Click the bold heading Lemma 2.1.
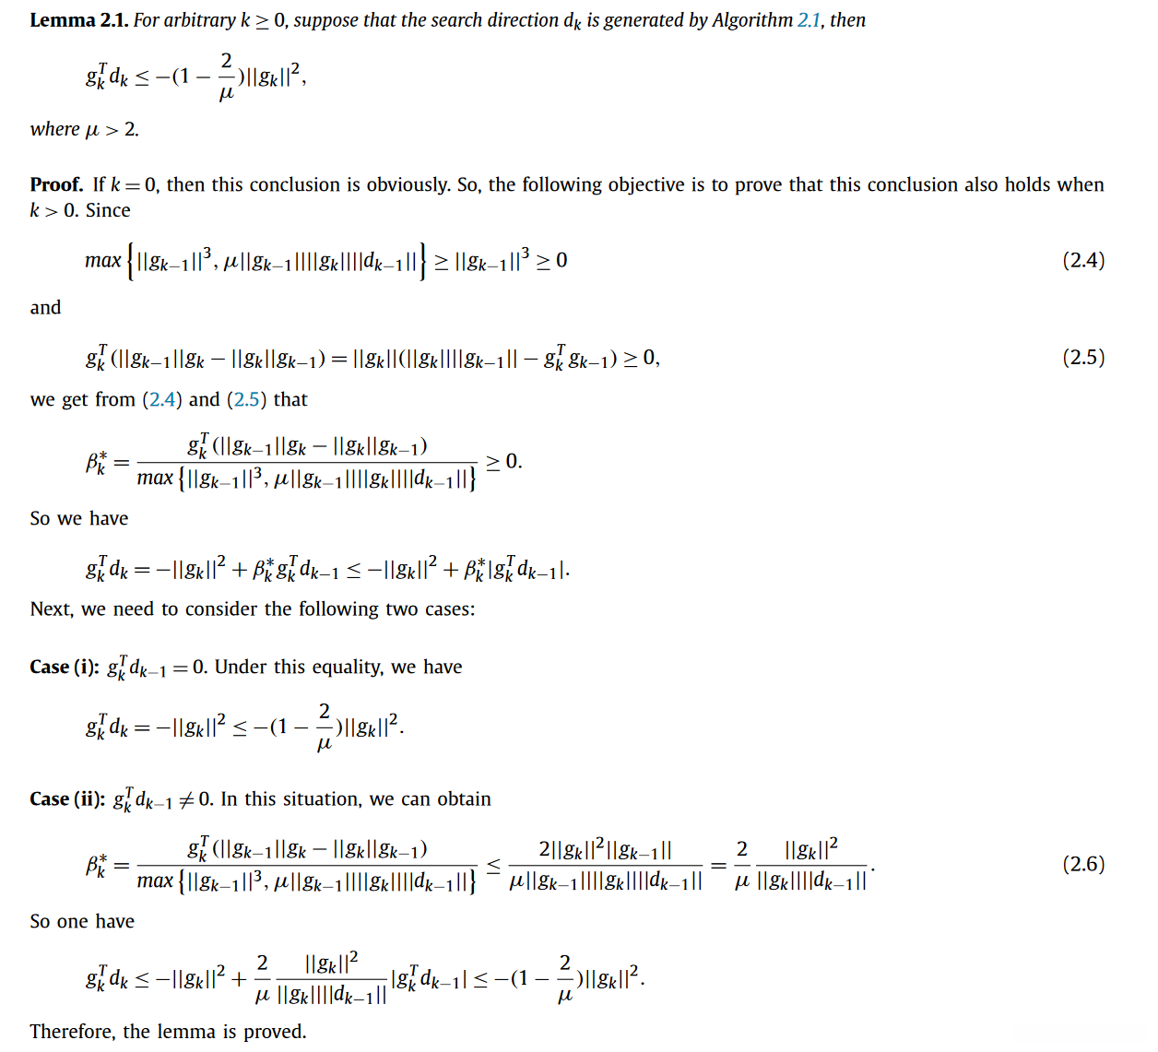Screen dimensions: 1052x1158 pos(78,20)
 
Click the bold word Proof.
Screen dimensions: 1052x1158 pos(56,184)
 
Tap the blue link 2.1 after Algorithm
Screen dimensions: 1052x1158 pos(809,20)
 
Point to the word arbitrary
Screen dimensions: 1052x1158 pos(200,20)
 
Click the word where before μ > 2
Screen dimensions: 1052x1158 pos(54,129)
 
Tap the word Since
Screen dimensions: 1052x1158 pos(108,210)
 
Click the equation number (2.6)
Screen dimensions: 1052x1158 pos(1082,864)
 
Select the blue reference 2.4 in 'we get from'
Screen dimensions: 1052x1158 pos(162,399)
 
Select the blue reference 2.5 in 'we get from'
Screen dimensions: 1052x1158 pos(246,399)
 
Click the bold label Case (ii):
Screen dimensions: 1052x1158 pos(67,798)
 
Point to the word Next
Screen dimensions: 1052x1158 pos(51,609)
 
